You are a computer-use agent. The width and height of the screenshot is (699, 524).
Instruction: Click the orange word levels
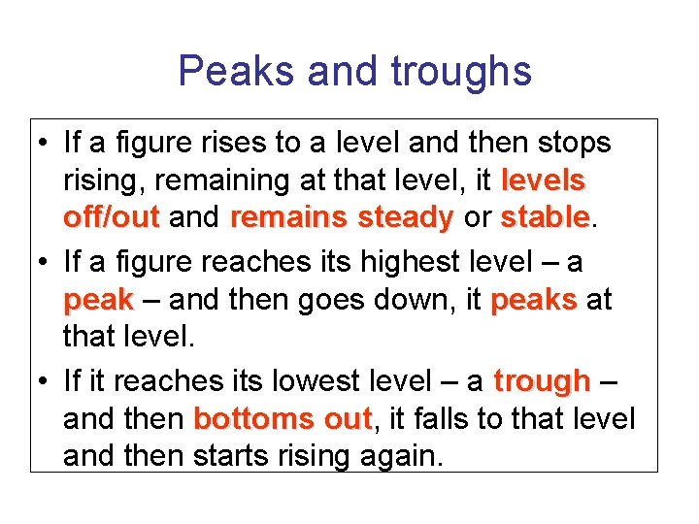(544, 180)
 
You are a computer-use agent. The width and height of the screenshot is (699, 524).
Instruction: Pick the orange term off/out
(111, 217)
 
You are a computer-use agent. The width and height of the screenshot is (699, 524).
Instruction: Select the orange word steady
(405, 217)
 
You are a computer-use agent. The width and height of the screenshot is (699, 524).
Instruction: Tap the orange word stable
(545, 216)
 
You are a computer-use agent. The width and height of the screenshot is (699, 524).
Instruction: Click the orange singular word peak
(97, 301)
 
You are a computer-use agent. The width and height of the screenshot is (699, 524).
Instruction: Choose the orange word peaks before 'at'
(534, 300)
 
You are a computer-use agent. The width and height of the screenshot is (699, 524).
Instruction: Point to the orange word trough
(542, 381)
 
